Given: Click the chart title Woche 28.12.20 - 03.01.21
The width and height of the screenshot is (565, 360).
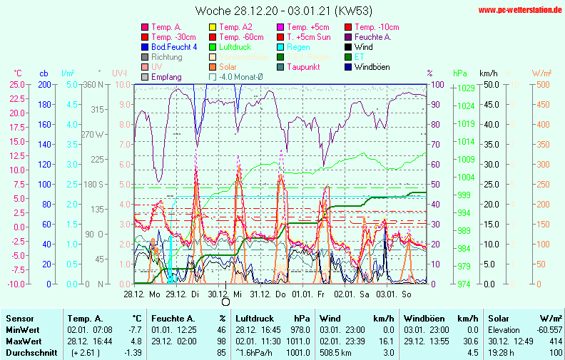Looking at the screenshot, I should click(x=282, y=11).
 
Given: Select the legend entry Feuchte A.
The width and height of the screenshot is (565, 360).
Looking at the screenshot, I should click(x=372, y=37).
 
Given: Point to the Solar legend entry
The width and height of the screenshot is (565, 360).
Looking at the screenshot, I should click(x=229, y=67).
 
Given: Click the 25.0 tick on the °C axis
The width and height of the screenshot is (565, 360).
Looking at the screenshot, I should click(x=17, y=84).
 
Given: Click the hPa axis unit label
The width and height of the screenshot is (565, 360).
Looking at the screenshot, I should click(x=459, y=73).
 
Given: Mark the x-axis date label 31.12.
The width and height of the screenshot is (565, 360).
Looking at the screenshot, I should click(x=260, y=294).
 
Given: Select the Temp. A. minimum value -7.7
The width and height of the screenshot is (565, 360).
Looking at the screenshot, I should click(x=135, y=330).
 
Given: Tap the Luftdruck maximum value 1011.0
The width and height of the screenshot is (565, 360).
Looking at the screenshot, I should click(x=298, y=341).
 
